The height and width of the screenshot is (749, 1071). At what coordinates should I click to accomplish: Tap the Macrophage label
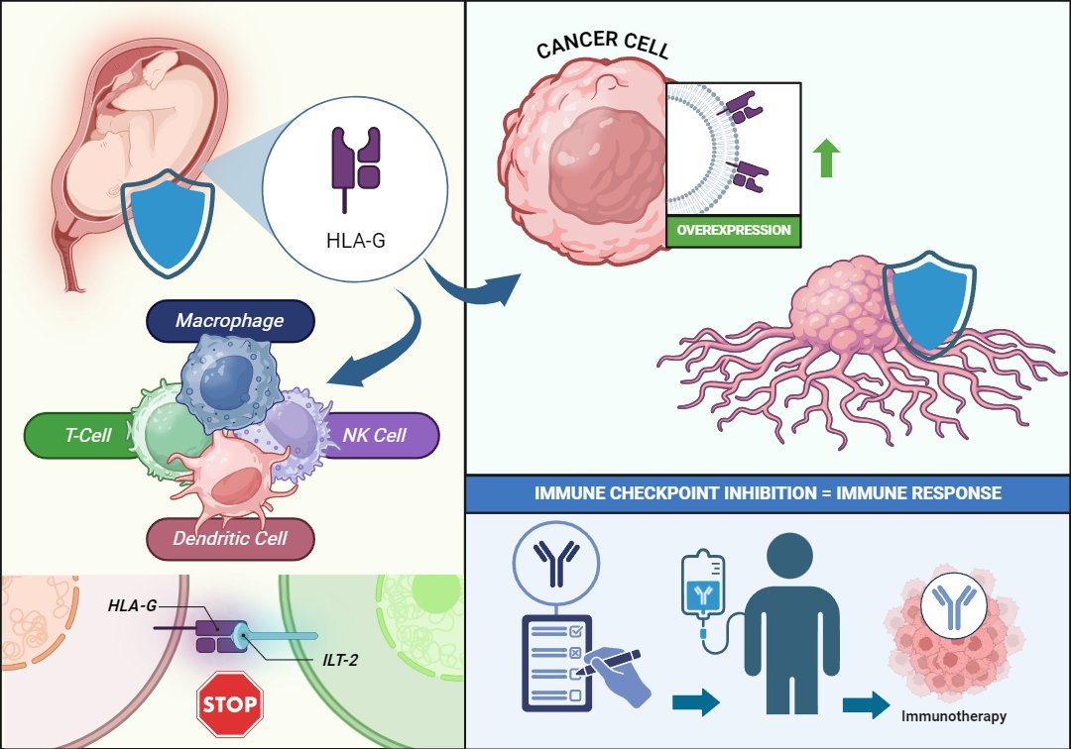[230, 321]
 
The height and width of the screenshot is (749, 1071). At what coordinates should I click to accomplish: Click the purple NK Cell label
[375, 435]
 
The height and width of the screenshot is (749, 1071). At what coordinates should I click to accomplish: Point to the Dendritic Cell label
[230, 538]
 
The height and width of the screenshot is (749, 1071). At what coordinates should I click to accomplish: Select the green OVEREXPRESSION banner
[735, 230]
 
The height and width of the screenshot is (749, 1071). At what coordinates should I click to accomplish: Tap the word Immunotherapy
[953, 715]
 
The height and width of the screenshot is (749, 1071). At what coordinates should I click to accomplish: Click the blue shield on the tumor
[927, 301]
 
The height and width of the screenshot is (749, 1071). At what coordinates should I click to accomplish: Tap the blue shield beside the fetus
[168, 222]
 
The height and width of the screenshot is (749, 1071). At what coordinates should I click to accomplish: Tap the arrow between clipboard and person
[695, 702]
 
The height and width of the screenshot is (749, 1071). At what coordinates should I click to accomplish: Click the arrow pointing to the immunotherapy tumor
[865, 704]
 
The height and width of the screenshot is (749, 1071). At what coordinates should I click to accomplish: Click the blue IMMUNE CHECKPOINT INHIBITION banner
[768, 491]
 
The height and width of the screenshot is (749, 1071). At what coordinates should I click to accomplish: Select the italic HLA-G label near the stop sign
[133, 604]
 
